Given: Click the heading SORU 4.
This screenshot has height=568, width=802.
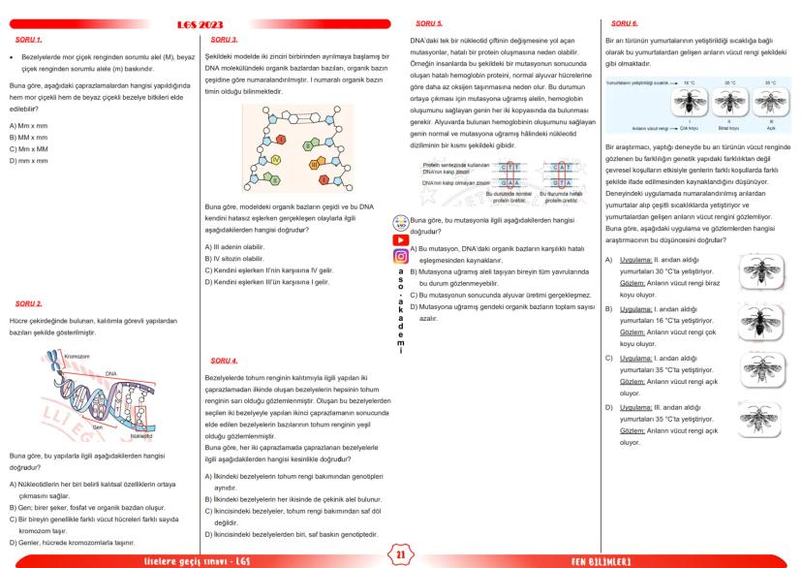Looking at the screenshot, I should (224, 360).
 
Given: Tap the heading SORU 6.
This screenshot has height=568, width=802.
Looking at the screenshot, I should (621, 22).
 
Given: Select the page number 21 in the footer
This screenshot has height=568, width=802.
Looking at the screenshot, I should (401, 553).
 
